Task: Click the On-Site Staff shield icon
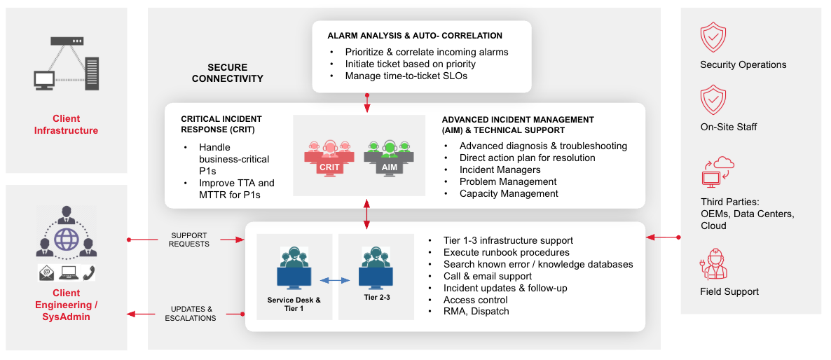click(713, 100)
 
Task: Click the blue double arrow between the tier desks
click(334, 280)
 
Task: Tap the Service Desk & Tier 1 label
click(294, 304)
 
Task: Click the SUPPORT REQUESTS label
click(190, 240)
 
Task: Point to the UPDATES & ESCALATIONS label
click(190, 314)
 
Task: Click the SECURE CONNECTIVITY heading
click(227, 74)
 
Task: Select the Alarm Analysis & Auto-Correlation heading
click(415, 36)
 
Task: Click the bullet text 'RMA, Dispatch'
click(476, 311)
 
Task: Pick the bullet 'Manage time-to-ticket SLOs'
click(406, 76)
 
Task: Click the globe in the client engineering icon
click(67, 239)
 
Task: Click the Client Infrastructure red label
click(67, 125)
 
